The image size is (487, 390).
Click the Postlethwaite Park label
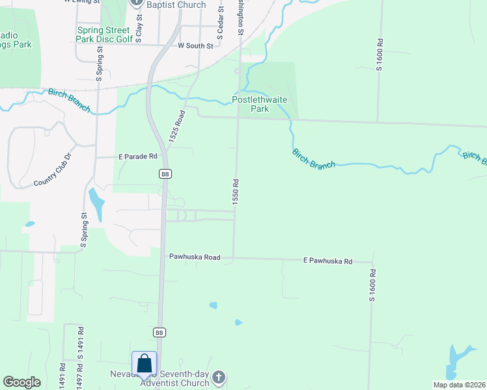pos(260,104)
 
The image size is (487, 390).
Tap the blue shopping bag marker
pos(144,365)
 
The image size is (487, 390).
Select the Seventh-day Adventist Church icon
pos(219,378)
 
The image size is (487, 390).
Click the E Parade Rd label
pos(138,157)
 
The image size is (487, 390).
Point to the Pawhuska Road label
pos(194,257)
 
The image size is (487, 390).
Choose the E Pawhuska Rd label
pos(327,261)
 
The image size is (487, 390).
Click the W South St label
pos(195,46)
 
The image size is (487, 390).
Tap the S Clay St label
pos(139,21)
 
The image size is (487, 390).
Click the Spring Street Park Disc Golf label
pos(105,34)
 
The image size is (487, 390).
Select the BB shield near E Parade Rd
pos(165,174)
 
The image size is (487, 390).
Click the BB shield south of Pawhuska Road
pos(159,332)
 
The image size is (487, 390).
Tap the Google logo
pos(22,382)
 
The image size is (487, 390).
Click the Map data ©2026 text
pos(458,385)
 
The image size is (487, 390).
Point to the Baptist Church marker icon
pos(136,3)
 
